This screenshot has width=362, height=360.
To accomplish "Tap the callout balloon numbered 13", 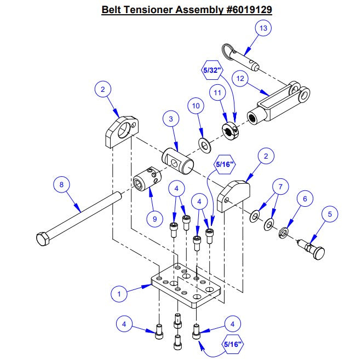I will pyautogui.click(x=263, y=28).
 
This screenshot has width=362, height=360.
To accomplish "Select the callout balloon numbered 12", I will pyautogui.click(x=239, y=78).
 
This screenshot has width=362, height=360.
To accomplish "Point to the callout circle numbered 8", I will pyautogui.click(x=61, y=184).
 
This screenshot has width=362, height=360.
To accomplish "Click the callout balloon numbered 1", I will pyautogui.click(x=118, y=294).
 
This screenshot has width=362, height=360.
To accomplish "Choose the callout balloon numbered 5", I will pyautogui.click(x=330, y=214).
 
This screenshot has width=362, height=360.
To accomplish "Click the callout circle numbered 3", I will pyautogui.click(x=171, y=118).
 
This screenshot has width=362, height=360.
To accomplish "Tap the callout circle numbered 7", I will pyautogui.click(x=280, y=187).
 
